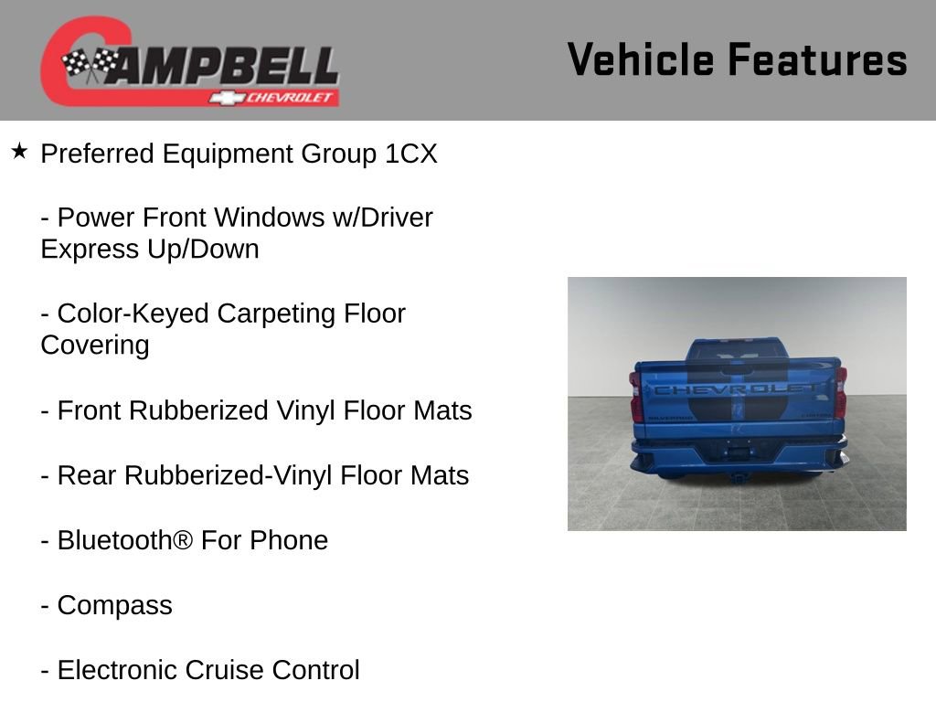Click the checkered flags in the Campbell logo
pyautogui.click(x=89, y=65)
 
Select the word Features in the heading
pyautogui.click(x=817, y=59)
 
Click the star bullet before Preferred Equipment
pyautogui.click(x=19, y=151)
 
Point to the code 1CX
pyautogui.click(x=411, y=154)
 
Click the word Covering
pyautogui.click(x=94, y=346)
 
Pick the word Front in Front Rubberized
pyautogui.click(x=90, y=410)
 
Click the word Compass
pyautogui.click(x=114, y=605)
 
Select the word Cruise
pyautogui.click(x=224, y=670)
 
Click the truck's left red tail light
pyautogui.click(x=636, y=397)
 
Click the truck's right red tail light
pyautogui.click(x=840, y=393)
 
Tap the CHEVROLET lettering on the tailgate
pyautogui.click(x=737, y=388)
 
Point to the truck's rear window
pyautogui.click(x=737, y=350)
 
